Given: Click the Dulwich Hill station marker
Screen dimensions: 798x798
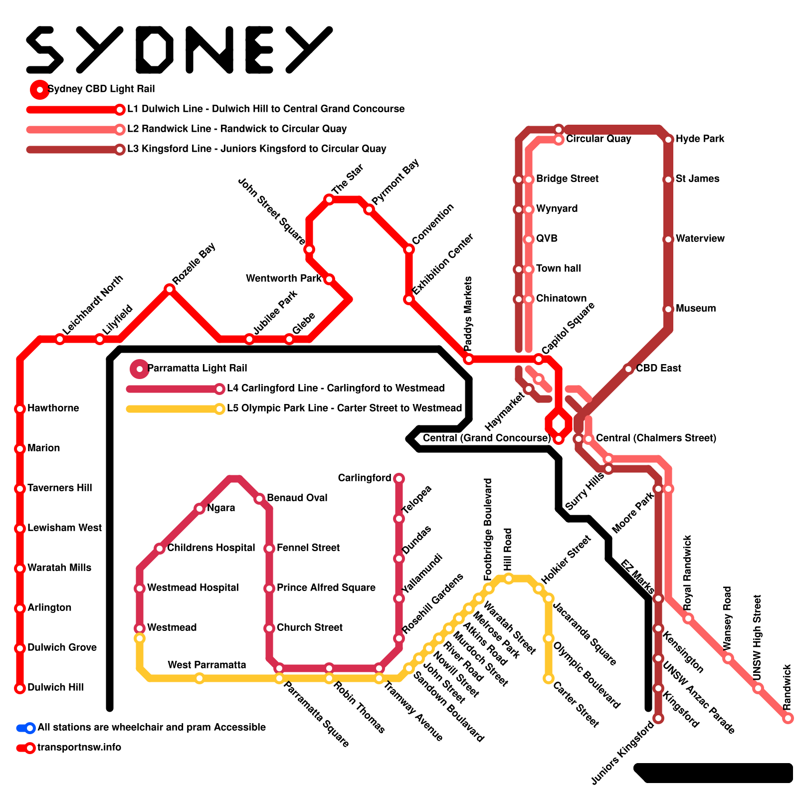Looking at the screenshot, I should click(20, 688).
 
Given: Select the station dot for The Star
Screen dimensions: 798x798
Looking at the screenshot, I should click(329, 199).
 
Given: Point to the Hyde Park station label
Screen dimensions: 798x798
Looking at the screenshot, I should click(700, 139).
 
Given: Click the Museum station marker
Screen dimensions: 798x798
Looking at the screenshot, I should click(668, 309).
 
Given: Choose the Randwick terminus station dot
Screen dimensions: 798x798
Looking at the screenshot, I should click(788, 718).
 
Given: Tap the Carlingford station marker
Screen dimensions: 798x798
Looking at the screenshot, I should click(399, 479).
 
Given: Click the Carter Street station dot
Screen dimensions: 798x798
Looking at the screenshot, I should click(549, 678).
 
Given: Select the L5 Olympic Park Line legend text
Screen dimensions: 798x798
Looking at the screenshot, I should click(344, 408).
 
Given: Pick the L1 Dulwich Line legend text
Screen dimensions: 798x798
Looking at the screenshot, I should click(266, 109).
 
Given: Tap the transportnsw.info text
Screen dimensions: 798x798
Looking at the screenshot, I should click(79, 747).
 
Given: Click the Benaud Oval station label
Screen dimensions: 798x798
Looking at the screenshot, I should click(297, 498).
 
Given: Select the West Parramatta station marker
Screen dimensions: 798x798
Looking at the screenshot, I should click(199, 678).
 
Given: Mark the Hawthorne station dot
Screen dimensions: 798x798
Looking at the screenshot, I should click(20, 409).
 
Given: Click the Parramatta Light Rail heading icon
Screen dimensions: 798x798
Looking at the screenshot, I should click(140, 369).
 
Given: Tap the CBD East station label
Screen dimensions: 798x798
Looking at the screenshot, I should click(658, 368).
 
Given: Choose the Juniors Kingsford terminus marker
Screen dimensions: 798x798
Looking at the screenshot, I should click(658, 718).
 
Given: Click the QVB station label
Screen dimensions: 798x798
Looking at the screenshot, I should click(547, 238).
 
